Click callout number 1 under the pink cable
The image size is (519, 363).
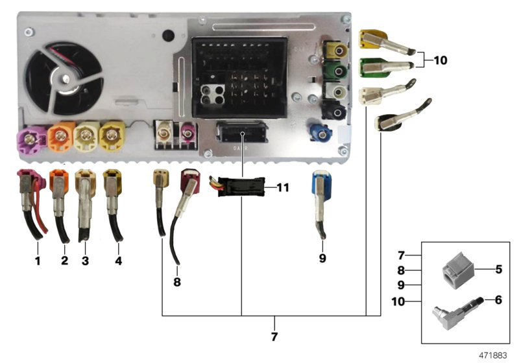coord(38,262)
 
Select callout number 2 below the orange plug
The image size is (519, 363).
coord(64,262)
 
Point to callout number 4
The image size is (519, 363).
coord(118,262)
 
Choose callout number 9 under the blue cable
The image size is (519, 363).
coord(322,258)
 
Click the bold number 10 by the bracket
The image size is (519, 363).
coord(441,60)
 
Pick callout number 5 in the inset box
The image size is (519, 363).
coord(498,268)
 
